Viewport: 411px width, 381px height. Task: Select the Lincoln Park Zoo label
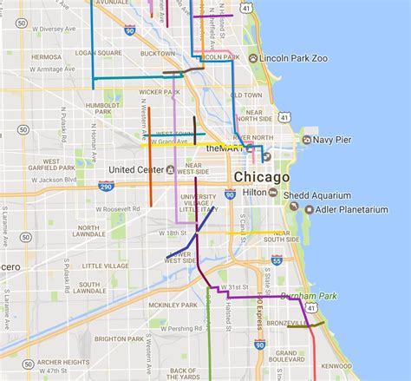(290, 58)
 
